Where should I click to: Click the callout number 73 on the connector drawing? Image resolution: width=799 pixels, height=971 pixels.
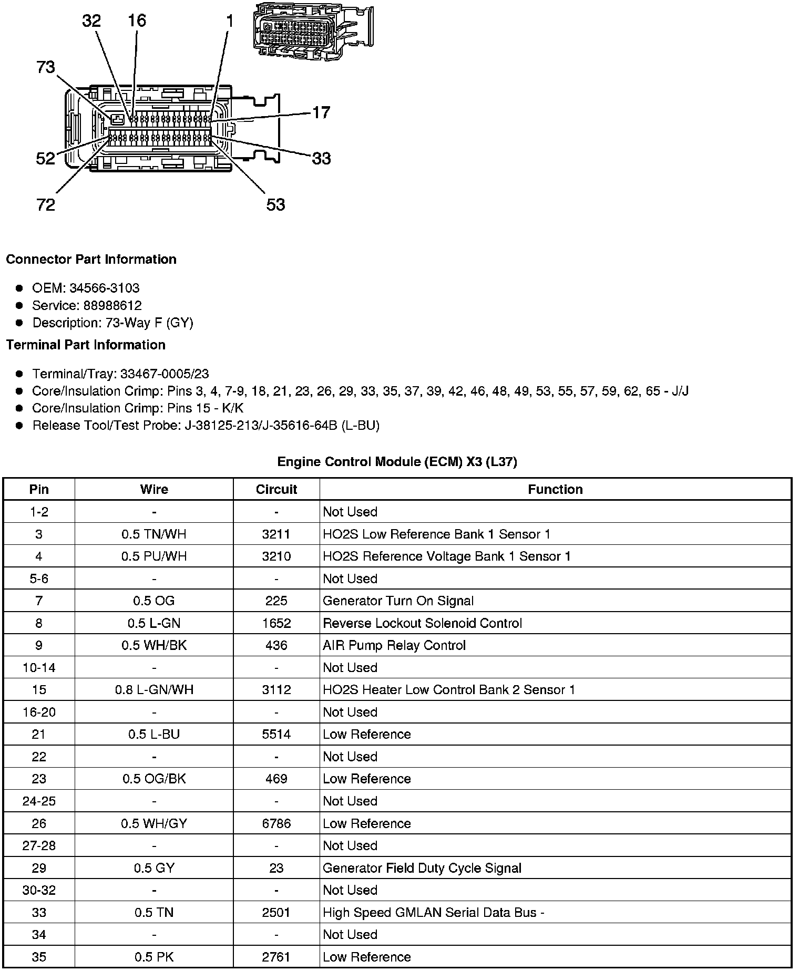pos(46,67)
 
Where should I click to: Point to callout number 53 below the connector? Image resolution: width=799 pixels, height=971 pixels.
pos(275,204)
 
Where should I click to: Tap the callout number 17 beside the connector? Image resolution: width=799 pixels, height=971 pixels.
pos(321,112)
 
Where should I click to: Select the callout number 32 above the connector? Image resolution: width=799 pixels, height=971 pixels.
pos(91,21)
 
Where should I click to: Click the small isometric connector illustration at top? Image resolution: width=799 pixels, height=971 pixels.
pos(312,31)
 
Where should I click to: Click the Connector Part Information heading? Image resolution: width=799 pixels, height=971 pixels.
pos(91,260)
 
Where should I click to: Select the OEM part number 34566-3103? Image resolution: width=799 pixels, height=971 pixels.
pos(104,288)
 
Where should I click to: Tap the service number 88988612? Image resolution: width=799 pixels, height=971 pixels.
pos(112,305)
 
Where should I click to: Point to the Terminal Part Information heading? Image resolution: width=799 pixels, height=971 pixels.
pos(86,345)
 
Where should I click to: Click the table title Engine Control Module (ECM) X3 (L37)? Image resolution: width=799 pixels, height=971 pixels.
pos(397,462)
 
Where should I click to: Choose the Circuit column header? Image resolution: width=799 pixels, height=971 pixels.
pos(276,490)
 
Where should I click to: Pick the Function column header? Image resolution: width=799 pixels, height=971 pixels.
pos(555,490)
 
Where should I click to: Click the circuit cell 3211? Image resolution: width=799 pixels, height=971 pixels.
pos(276,534)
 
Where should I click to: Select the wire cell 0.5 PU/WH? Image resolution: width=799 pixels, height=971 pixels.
pos(154,556)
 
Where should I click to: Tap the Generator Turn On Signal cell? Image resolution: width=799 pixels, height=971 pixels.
pos(398,601)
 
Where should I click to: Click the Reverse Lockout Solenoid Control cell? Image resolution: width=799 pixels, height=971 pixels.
pos(422,623)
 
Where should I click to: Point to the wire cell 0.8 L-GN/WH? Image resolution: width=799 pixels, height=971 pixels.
pos(154,690)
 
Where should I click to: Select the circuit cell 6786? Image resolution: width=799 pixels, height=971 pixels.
pos(276,823)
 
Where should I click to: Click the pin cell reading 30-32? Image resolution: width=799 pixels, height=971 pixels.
pos(39,890)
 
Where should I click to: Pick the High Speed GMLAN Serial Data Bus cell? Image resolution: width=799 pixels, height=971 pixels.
pos(433,913)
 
